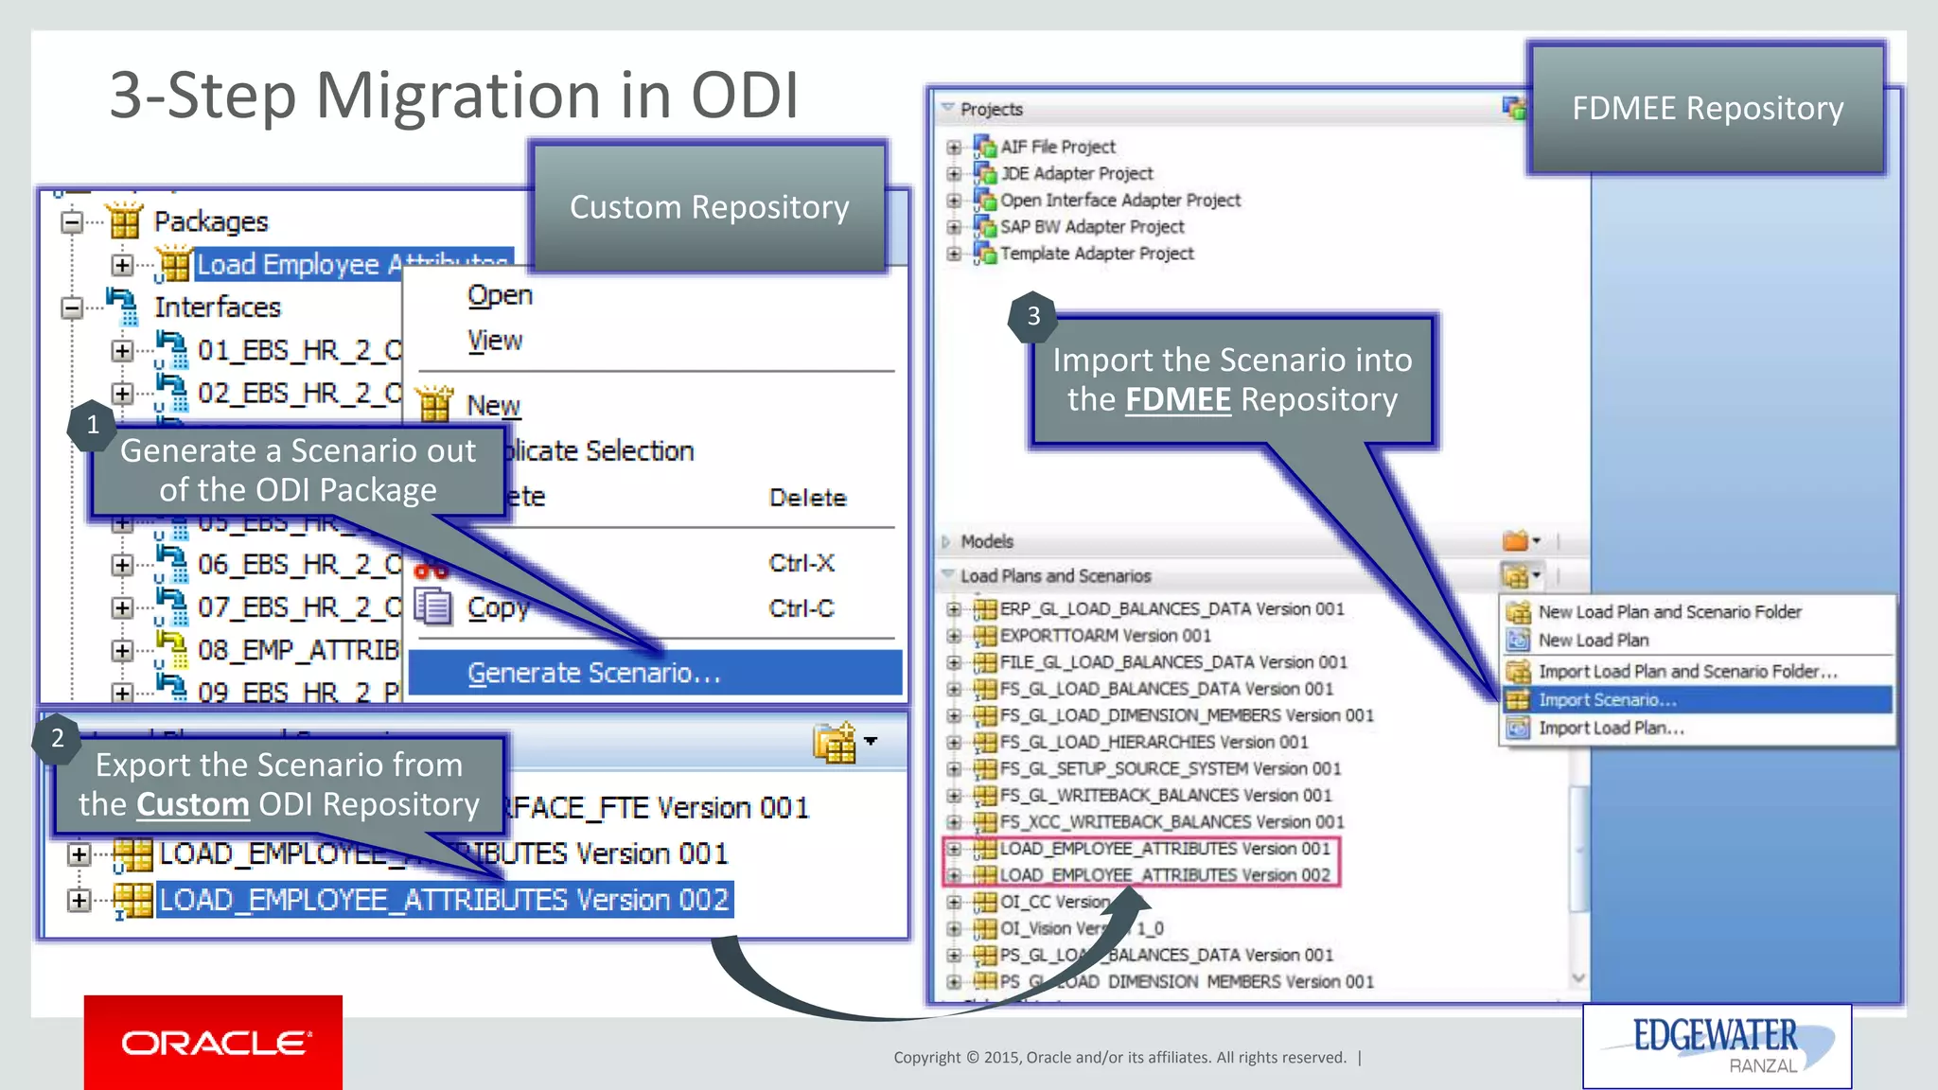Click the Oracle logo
(213, 1042)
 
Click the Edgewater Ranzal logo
(1716, 1045)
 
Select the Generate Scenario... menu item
(594, 673)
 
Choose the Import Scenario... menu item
(1607, 700)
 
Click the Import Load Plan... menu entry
(1611, 728)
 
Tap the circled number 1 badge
(93, 425)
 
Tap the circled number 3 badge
(1033, 316)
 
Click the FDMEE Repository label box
(1707, 109)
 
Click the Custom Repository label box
(709, 207)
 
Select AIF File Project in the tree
(1057, 147)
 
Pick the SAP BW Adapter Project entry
(1091, 227)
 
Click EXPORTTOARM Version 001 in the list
(1104, 636)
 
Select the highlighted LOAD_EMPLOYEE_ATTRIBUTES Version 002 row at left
(444, 899)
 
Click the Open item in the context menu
(500, 295)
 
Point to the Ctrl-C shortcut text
(801, 608)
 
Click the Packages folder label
(211, 221)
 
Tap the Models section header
(987, 541)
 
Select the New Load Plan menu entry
(1593, 641)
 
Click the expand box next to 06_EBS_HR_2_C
(122, 565)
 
